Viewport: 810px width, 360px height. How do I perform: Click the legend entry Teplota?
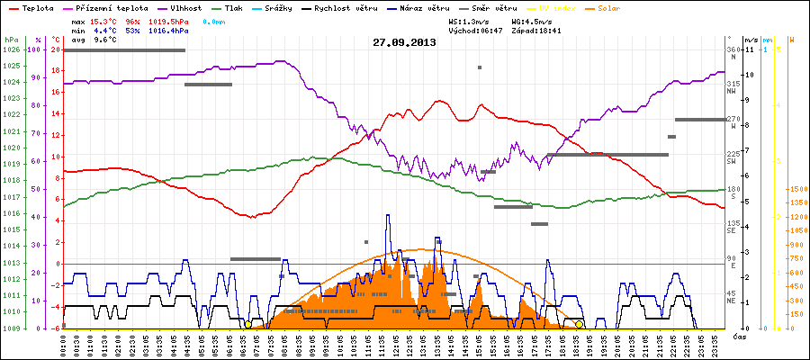pos(31,7)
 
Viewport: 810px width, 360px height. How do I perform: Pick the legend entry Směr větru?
pos(493,7)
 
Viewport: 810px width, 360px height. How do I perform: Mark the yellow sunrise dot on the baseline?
pos(248,324)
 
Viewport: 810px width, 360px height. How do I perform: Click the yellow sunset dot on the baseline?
pos(580,324)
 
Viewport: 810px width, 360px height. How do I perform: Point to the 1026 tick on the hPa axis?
pos(11,50)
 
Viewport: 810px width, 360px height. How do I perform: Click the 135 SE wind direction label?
pos(733,226)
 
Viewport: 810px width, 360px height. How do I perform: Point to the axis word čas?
pos(738,336)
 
